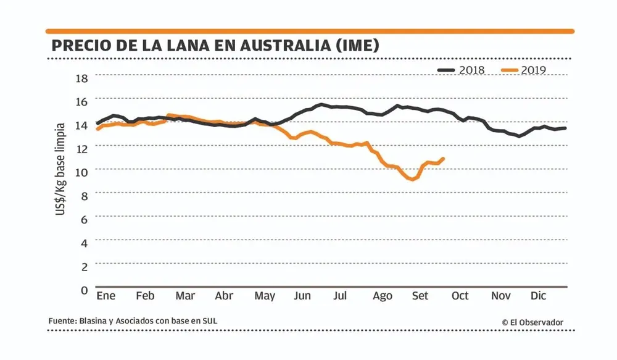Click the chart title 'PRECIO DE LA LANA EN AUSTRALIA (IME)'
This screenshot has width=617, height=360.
[215, 46]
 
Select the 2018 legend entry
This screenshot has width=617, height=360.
[462, 70]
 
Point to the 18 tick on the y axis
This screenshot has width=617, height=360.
[82, 78]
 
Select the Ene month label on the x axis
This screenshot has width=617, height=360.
[106, 296]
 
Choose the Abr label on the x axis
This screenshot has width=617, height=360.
[224, 296]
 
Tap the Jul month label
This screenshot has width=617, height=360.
[340, 296]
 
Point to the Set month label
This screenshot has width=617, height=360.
[420, 296]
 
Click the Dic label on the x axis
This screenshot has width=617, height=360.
[539, 296]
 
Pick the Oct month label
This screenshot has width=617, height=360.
[460, 296]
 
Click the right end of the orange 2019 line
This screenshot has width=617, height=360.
[443, 159]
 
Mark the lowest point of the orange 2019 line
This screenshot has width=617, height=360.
[412, 179]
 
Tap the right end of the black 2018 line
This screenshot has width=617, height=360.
[565, 128]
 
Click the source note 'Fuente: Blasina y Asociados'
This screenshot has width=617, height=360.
[133, 321]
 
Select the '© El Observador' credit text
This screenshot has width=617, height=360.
[532, 322]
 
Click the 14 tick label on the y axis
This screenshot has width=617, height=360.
[82, 124]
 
